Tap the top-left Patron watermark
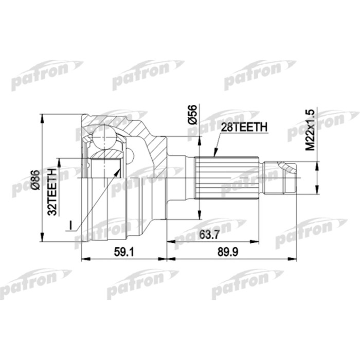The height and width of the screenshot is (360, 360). pos(39,77)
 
